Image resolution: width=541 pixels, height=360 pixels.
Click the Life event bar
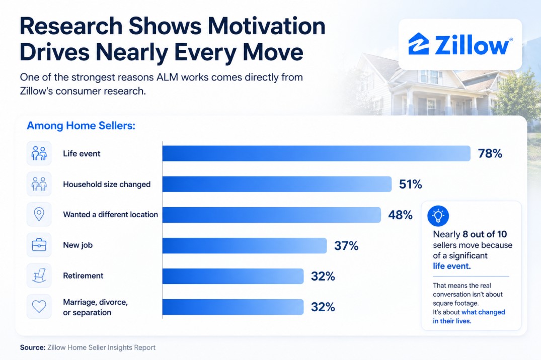pyautogui.click(x=317, y=153)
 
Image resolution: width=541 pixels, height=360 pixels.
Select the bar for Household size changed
pyautogui.click(x=277, y=184)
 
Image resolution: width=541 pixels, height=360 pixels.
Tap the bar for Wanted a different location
pyautogui.click(x=272, y=215)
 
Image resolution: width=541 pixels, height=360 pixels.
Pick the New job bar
pyautogui.click(x=245, y=245)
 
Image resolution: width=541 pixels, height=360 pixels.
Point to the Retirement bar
pyautogui.click(x=233, y=276)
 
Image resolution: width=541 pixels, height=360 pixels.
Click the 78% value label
pyautogui.click(x=490, y=153)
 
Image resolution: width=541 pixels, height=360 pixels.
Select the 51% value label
pyautogui.click(x=411, y=184)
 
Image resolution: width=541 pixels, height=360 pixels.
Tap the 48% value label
pyautogui.click(x=400, y=215)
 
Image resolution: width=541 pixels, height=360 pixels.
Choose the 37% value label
pyautogui.click(x=346, y=245)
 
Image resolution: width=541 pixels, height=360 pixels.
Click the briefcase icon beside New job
pyautogui.click(x=39, y=245)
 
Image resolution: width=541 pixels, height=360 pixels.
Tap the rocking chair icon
pyautogui.click(x=39, y=276)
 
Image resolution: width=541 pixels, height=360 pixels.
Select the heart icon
pyautogui.click(x=39, y=306)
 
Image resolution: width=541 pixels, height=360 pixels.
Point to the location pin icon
pyautogui.click(x=39, y=215)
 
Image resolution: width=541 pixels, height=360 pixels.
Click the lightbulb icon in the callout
pyautogui.click(x=438, y=216)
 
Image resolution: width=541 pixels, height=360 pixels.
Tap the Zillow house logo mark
pyautogui.click(x=419, y=44)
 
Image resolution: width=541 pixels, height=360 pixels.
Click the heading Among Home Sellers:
pyautogui.click(x=81, y=126)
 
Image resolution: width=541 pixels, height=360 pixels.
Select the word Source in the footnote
pyautogui.click(x=33, y=347)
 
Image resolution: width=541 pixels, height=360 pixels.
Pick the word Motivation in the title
pyautogui.click(x=266, y=26)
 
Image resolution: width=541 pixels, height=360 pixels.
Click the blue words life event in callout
pyautogui.click(x=451, y=266)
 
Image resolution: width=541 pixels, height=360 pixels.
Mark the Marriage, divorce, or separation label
pyautogui.click(x=95, y=307)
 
